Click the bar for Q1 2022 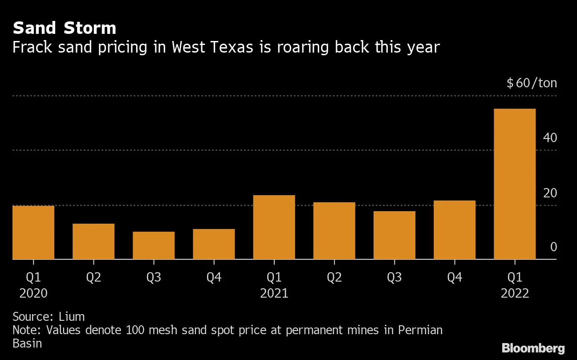pos(515,184)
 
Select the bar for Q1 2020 pos(33,232)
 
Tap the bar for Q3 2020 pos(154,245)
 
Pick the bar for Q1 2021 pos(274,227)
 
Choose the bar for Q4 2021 pos(455,230)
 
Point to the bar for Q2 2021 pos(334,231)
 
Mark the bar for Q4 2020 pos(214,244)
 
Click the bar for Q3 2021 pos(394,235)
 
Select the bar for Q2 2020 pos(93,241)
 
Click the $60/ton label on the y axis pos(532,83)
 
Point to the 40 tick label pos(550,138)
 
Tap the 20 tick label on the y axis pos(550,193)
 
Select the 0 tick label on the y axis pos(553,247)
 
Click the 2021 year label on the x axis pos(274,294)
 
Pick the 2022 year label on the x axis pos(515,294)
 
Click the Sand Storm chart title pos(65,29)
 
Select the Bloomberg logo pos(533,348)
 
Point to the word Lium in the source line pos(72,317)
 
